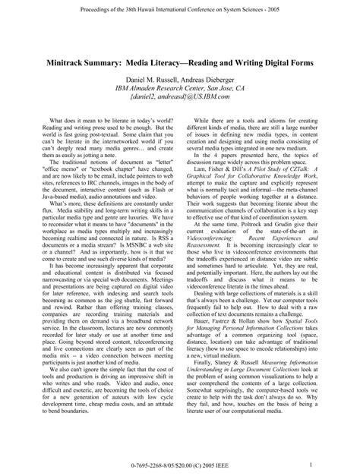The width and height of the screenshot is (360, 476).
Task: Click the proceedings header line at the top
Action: click(x=180, y=7)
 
